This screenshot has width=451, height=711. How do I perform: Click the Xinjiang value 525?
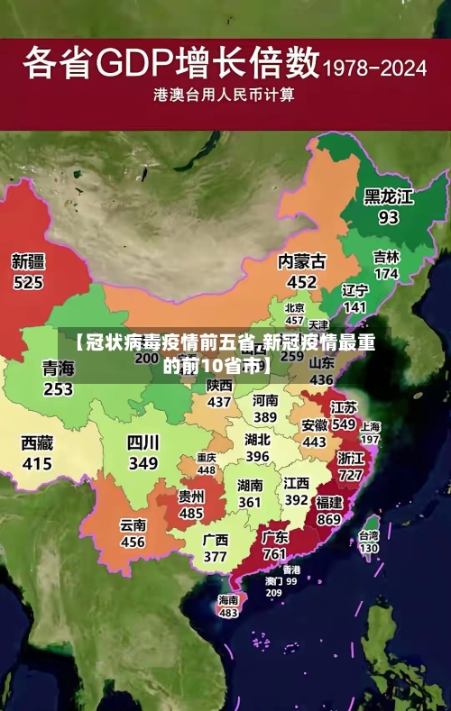[28, 283]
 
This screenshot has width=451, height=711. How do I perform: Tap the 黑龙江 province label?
[388, 197]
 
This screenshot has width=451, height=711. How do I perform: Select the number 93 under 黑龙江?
[388, 218]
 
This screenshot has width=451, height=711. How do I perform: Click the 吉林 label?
[386, 257]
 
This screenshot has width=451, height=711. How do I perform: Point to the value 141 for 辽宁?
[354, 307]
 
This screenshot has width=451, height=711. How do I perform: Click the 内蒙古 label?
[301, 261]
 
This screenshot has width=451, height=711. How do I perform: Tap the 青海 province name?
[58, 369]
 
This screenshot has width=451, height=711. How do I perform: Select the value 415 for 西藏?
[37, 464]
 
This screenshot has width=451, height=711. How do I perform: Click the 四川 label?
[143, 442]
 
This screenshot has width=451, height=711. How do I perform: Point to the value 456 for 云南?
[133, 542]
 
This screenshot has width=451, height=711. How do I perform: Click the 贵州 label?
[190, 497]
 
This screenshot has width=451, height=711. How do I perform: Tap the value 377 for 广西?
[215, 557]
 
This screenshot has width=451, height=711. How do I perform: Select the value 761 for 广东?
[274, 554]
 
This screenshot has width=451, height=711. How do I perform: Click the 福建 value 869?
[328, 520]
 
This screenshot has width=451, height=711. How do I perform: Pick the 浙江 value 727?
[350, 475]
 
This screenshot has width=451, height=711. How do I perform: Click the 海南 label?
[228, 599]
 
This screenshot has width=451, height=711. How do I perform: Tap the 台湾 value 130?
[369, 547]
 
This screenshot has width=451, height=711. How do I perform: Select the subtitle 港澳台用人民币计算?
[225, 94]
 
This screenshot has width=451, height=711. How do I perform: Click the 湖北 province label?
[257, 441]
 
